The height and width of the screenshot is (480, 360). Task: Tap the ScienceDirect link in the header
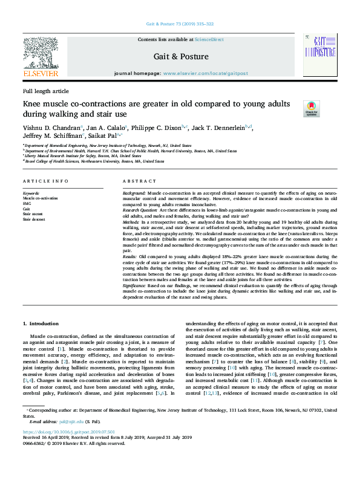(210, 39)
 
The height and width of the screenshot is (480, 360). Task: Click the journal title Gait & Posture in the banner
(182, 57)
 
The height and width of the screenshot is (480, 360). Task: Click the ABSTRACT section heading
(140, 181)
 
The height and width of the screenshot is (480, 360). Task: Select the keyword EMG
(27, 203)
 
